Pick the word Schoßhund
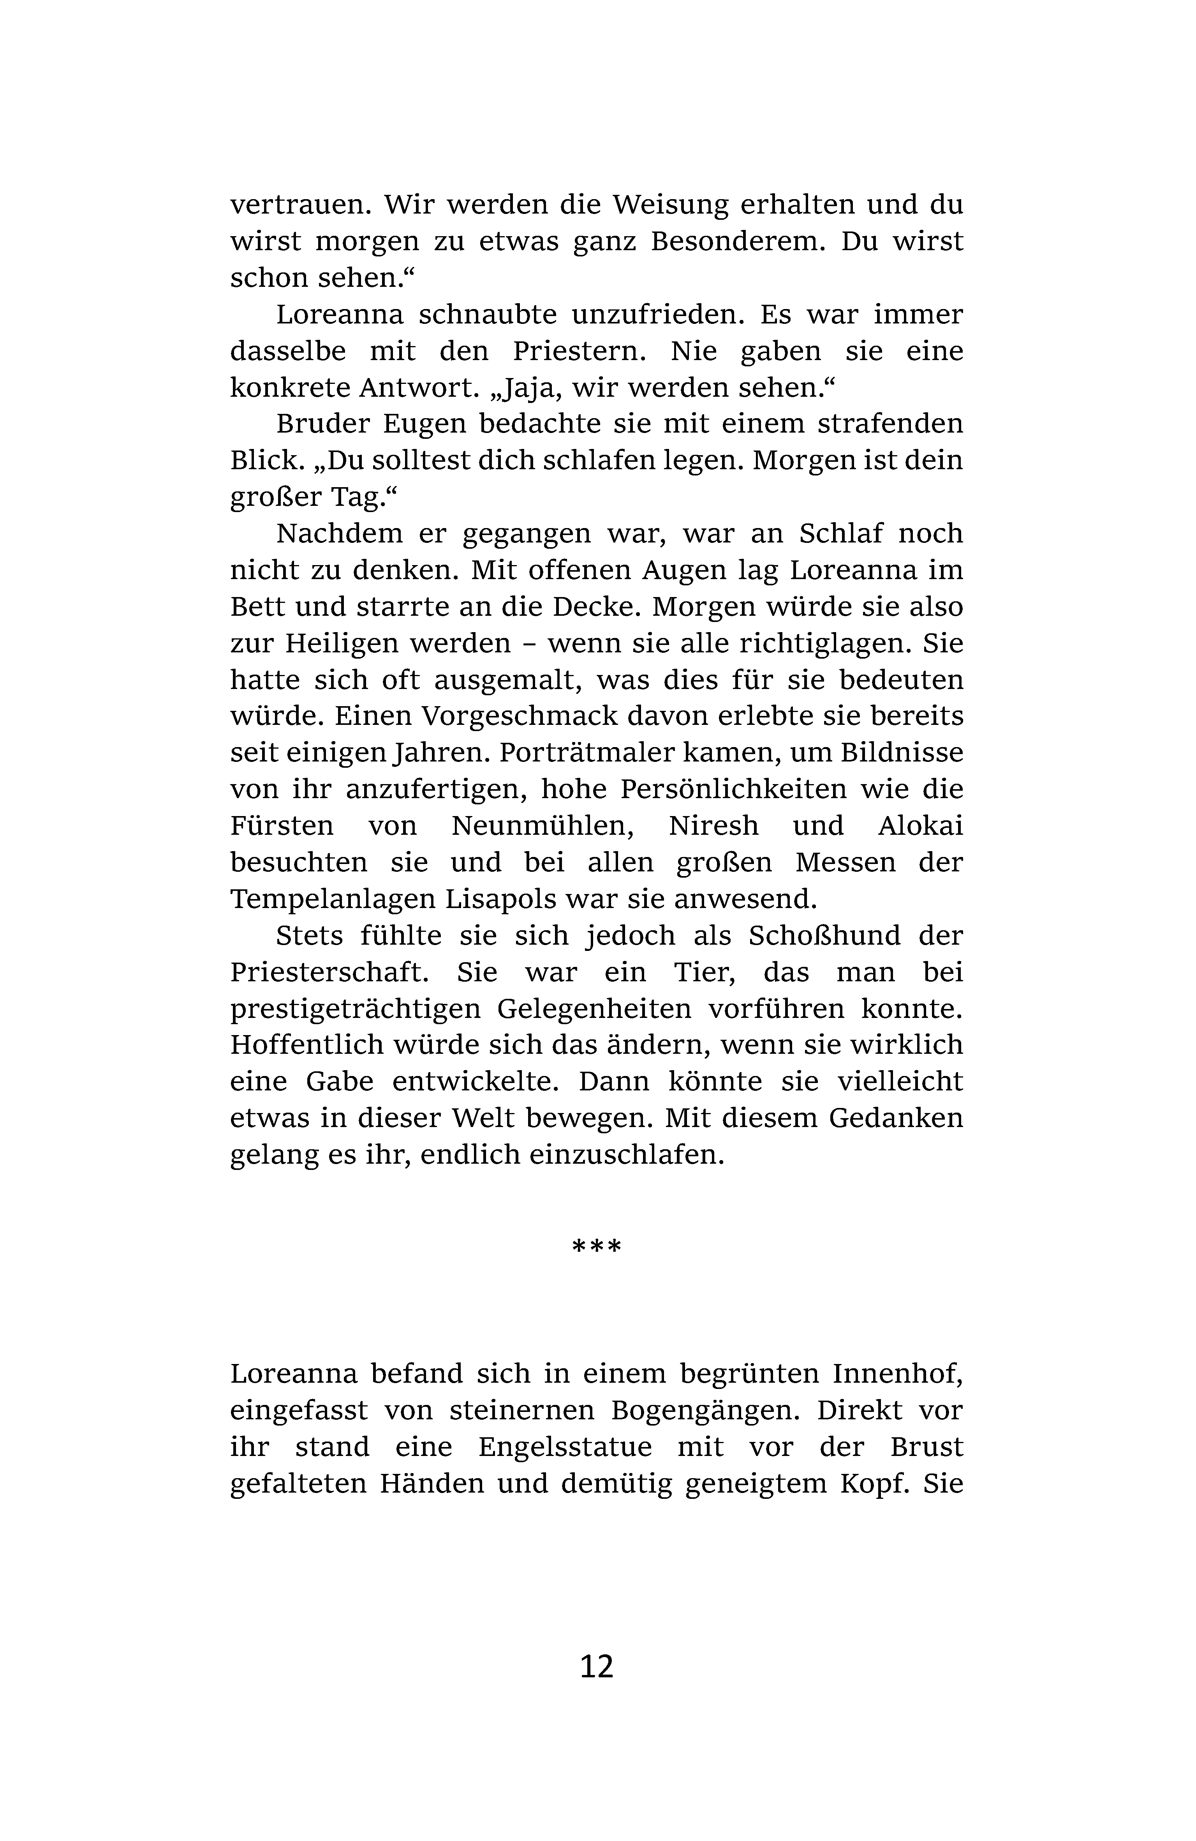tap(824, 936)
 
